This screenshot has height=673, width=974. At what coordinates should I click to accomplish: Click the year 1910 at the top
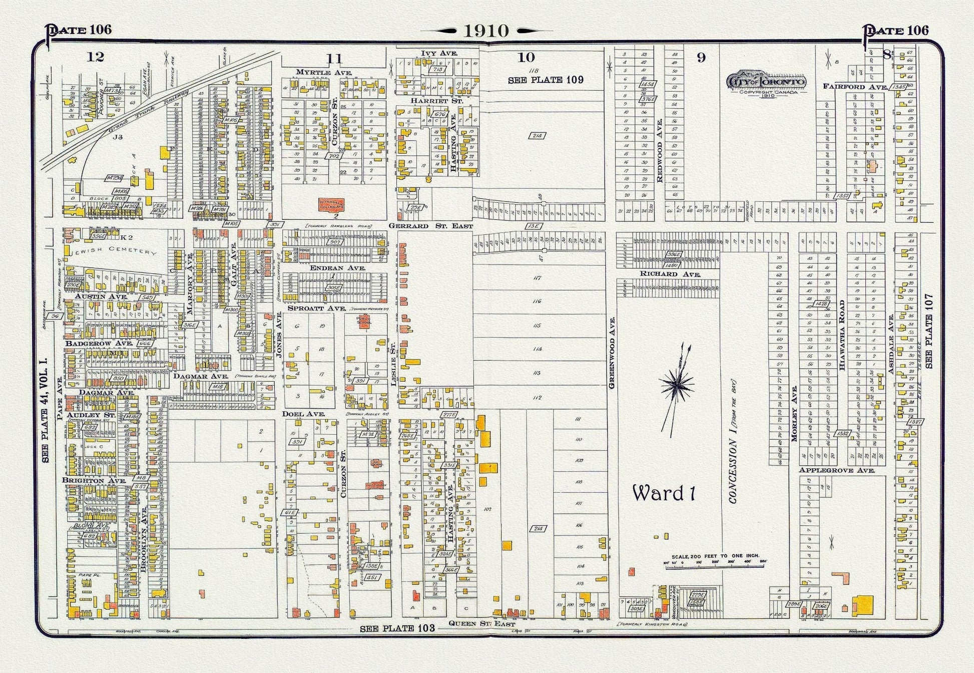486,31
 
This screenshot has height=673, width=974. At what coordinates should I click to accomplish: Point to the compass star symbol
677,385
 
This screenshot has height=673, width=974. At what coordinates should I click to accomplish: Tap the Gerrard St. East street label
430,226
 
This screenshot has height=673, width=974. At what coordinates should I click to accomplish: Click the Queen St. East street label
481,624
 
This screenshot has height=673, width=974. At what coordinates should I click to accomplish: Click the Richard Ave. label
670,274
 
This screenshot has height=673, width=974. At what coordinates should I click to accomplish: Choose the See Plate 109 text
546,80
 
